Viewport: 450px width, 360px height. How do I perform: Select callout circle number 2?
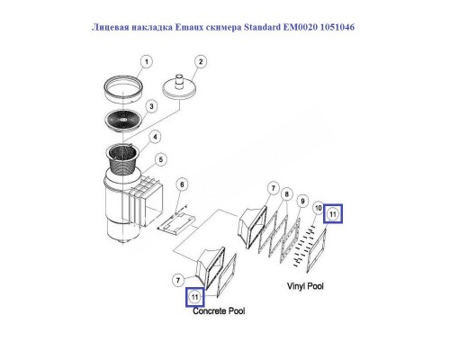coord(202,62)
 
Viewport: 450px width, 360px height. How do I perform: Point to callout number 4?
coord(156,137)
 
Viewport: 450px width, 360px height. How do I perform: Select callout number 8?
coord(286,193)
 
